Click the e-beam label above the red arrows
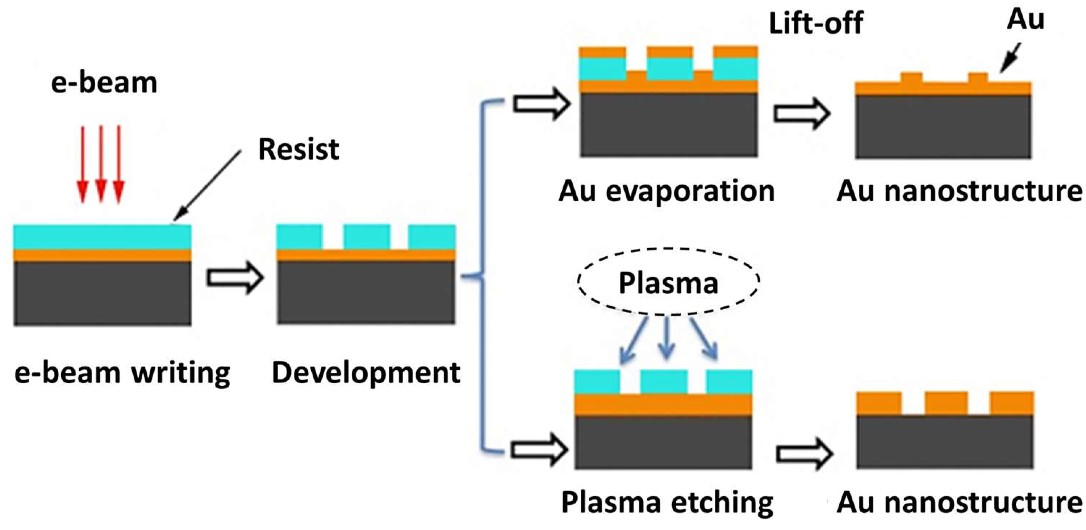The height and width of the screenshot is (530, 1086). point(104,83)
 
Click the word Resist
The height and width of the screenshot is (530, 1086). point(298,149)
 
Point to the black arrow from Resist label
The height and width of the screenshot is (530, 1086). point(206,186)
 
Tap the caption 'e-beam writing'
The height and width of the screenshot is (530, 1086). point(122,373)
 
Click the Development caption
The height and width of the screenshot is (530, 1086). point(366,373)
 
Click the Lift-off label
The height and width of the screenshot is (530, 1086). point(816,23)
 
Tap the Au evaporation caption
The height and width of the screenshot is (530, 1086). point(667,191)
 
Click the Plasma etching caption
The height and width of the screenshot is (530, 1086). point(667,502)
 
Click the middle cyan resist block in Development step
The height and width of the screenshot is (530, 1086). point(366,237)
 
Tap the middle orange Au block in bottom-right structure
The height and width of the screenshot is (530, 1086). point(946,403)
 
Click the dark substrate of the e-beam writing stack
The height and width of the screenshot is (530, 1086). point(103,293)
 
